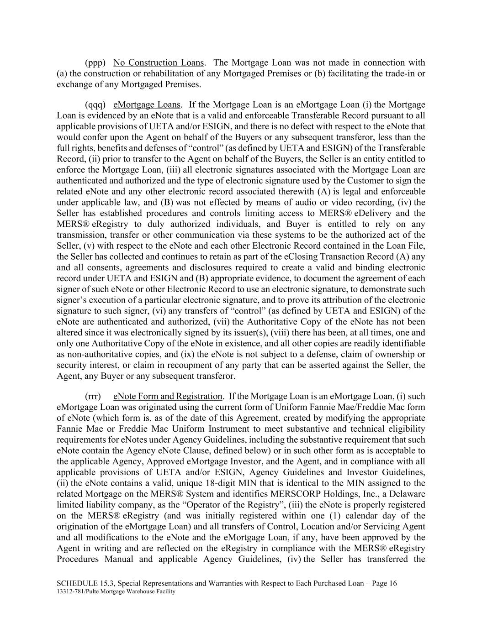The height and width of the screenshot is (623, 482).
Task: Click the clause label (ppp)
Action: (x=95, y=63)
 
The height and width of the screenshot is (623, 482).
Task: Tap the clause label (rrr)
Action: (x=93, y=396)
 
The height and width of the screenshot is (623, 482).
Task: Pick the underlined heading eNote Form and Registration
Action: (x=168, y=396)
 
